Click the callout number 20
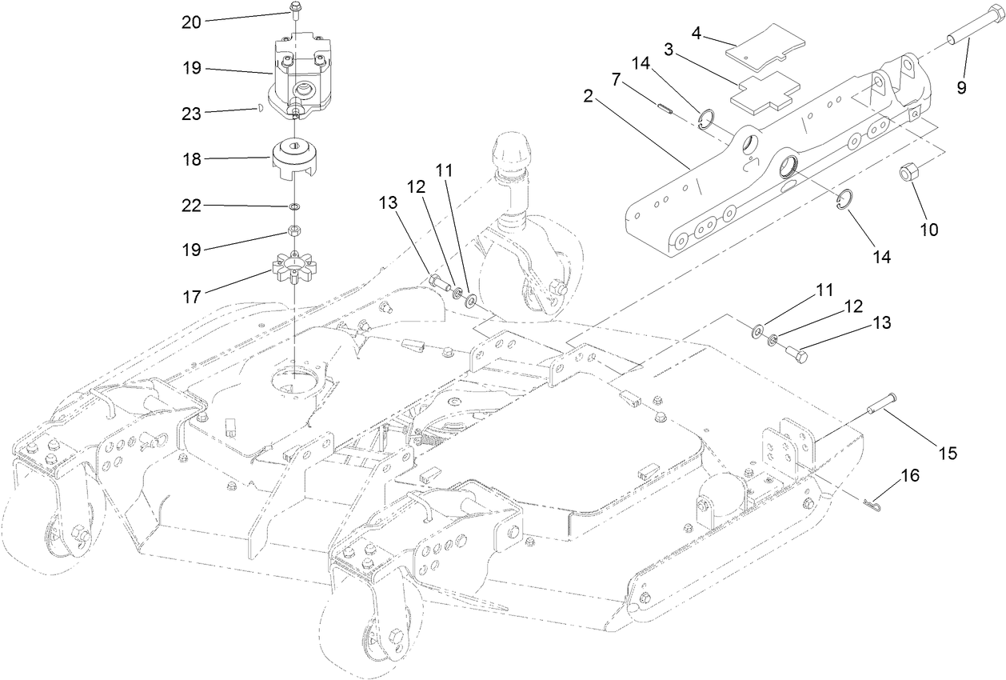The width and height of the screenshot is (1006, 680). click(191, 22)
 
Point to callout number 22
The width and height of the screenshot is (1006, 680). click(191, 206)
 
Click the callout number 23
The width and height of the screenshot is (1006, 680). click(191, 113)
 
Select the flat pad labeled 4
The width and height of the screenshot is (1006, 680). click(756, 48)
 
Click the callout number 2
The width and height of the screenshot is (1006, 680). click(589, 97)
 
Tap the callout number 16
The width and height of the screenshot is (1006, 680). click(909, 475)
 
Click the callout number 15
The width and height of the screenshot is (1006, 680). click(948, 453)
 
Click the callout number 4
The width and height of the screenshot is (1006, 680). click(697, 33)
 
